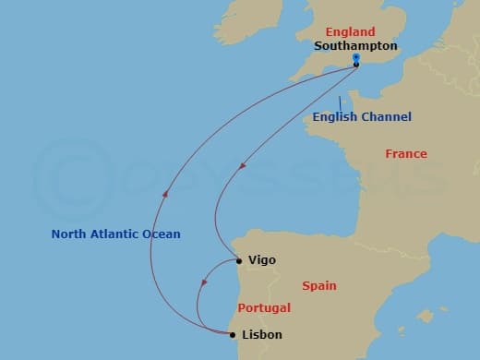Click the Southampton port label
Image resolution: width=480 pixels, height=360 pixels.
click(x=355, y=44)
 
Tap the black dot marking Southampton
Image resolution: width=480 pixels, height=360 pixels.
click(x=356, y=66)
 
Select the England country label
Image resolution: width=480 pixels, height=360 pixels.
click(x=344, y=31)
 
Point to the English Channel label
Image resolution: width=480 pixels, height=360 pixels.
click(x=362, y=117)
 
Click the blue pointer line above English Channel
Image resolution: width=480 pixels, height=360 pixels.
click(x=341, y=102)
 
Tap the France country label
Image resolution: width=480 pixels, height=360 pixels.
click(x=406, y=154)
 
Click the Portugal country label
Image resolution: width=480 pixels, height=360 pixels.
click(x=264, y=307)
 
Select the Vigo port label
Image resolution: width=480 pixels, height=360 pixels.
click(x=262, y=261)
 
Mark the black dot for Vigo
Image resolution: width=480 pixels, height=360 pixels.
click(x=239, y=261)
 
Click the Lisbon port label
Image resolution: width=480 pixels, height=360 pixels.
click(x=263, y=335)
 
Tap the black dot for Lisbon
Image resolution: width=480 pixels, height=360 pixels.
click(x=232, y=334)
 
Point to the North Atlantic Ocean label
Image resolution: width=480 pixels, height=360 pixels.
click(x=115, y=234)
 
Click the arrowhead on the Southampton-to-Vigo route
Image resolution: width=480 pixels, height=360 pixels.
click(x=243, y=167)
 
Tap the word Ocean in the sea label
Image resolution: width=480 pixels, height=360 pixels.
click(x=161, y=234)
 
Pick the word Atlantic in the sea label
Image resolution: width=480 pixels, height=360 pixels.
click(x=113, y=234)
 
